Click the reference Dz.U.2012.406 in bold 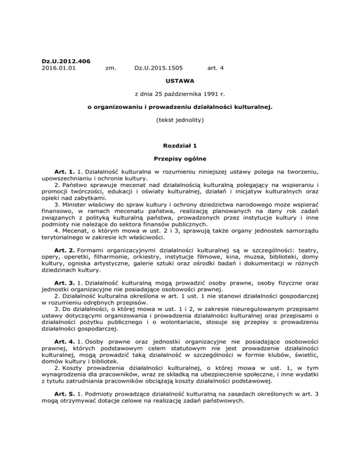pos(65,61)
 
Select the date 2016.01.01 pos(58,68)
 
